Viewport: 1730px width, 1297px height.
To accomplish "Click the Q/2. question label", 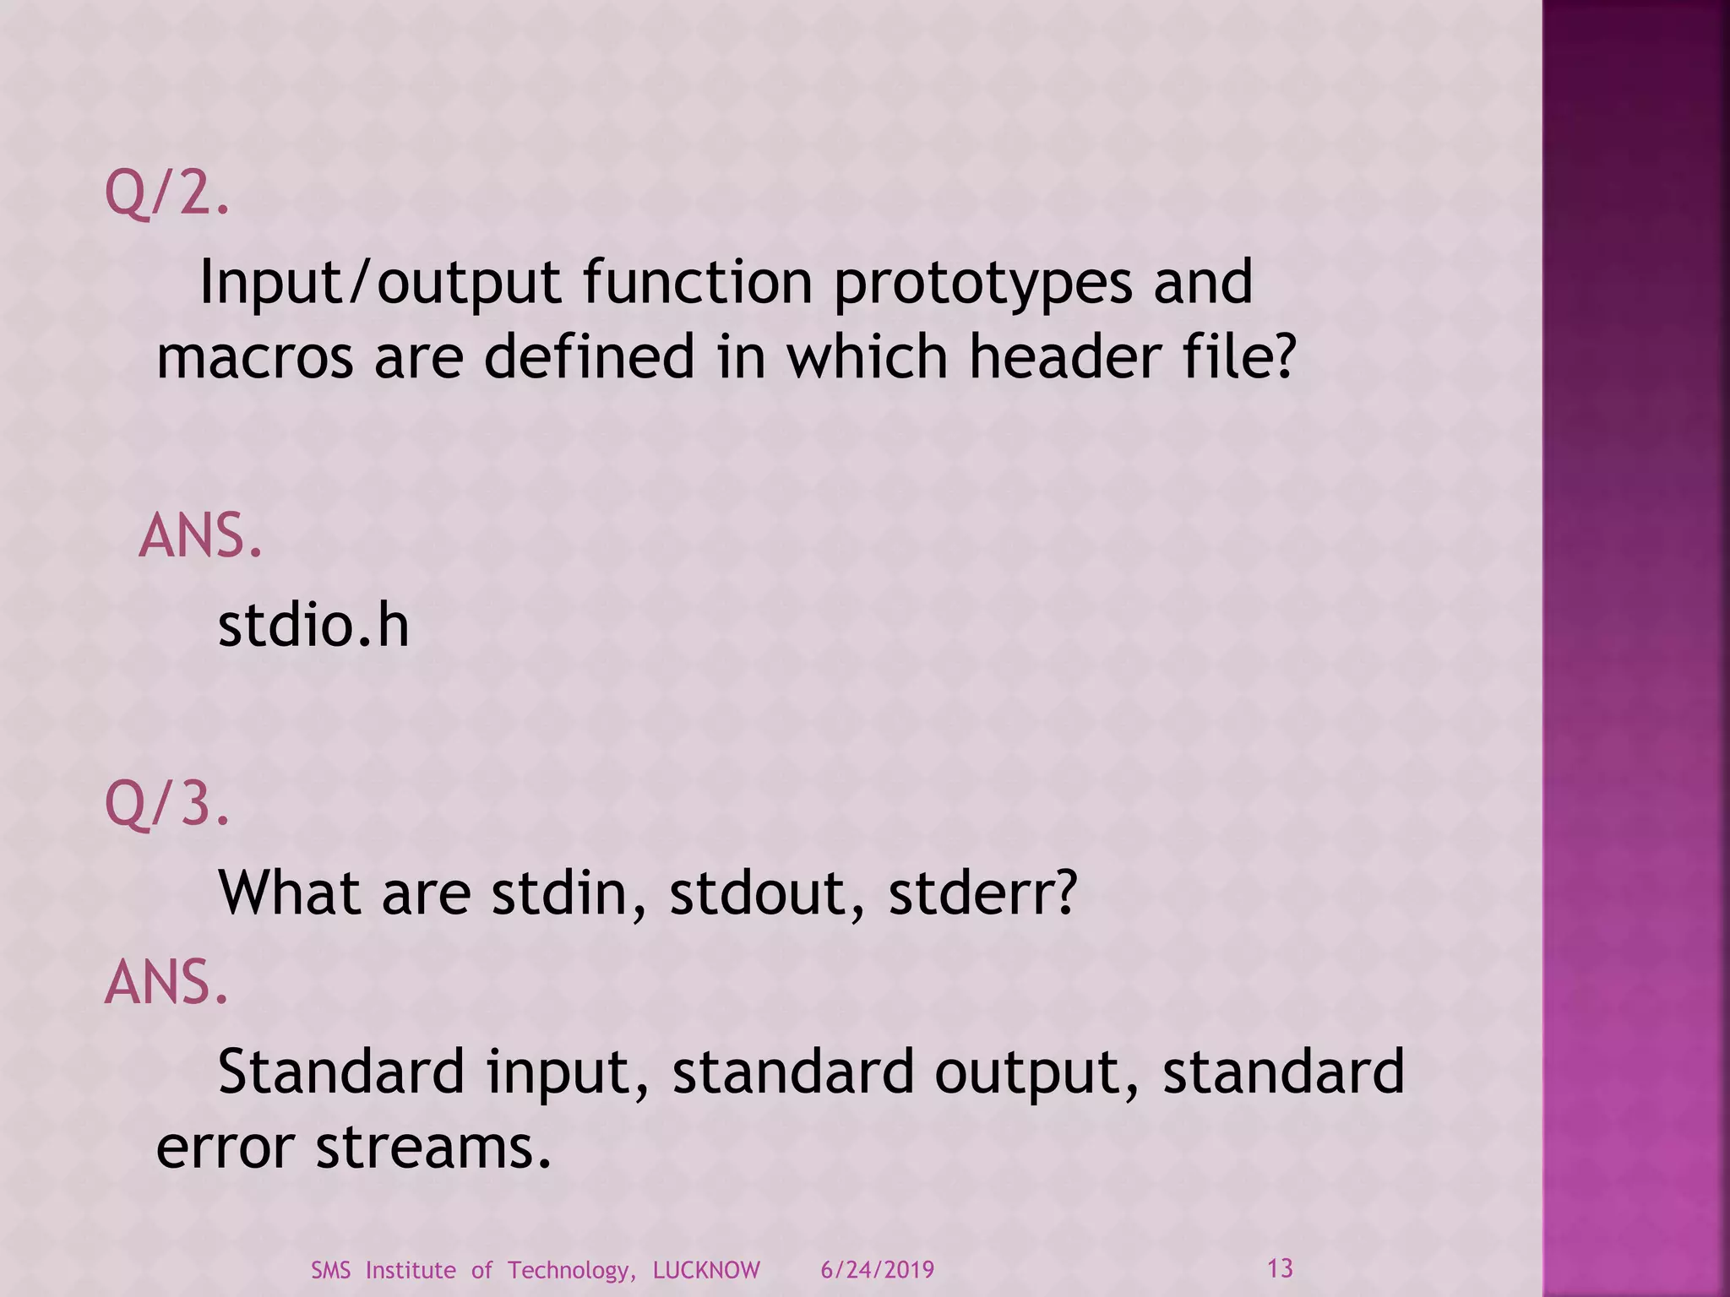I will [166, 193].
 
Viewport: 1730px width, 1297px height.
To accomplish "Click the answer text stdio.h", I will [313, 626].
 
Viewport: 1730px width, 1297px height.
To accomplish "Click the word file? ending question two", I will [1244, 355].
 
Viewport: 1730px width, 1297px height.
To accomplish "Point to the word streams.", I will [433, 1148].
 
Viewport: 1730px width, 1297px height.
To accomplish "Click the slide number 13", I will [1280, 1268].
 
